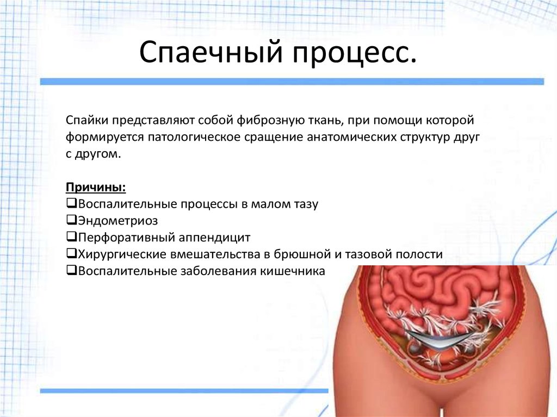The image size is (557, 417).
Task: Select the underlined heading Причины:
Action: point(96,188)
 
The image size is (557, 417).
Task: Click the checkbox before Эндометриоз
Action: point(71,220)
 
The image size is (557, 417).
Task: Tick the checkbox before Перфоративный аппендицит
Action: point(71,236)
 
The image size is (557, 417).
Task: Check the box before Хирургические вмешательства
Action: point(71,253)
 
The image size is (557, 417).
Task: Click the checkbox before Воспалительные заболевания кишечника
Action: point(71,270)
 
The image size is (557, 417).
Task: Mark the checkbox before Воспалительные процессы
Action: point(71,203)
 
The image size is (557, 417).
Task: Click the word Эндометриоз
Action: point(118,221)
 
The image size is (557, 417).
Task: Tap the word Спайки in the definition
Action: point(87,120)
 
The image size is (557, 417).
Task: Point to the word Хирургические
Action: point(122,254)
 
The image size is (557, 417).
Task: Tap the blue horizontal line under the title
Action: point(292,82)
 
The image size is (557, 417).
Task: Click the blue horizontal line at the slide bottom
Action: point(184,391)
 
